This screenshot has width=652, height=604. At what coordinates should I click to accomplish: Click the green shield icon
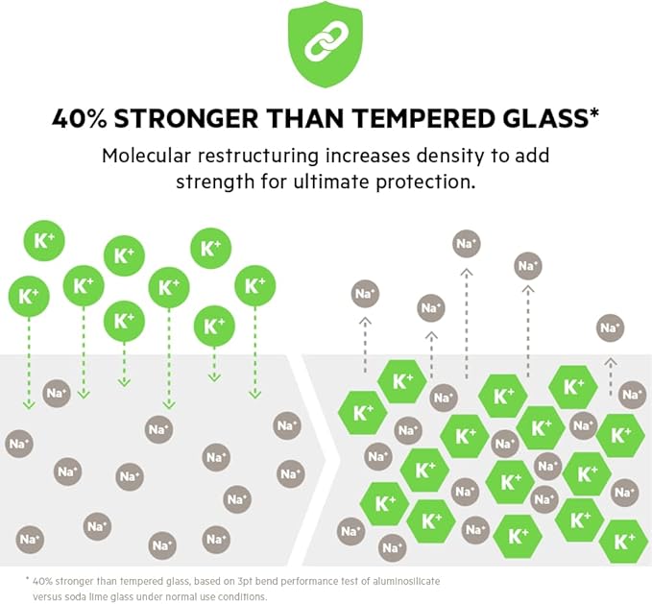326,46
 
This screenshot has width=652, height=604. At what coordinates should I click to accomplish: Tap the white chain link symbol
326,44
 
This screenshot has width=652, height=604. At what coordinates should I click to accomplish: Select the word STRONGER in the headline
180,118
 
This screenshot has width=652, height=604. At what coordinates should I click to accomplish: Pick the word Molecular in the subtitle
149,156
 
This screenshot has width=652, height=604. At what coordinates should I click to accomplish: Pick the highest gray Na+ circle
467,244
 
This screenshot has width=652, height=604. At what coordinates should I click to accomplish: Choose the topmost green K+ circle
210,248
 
